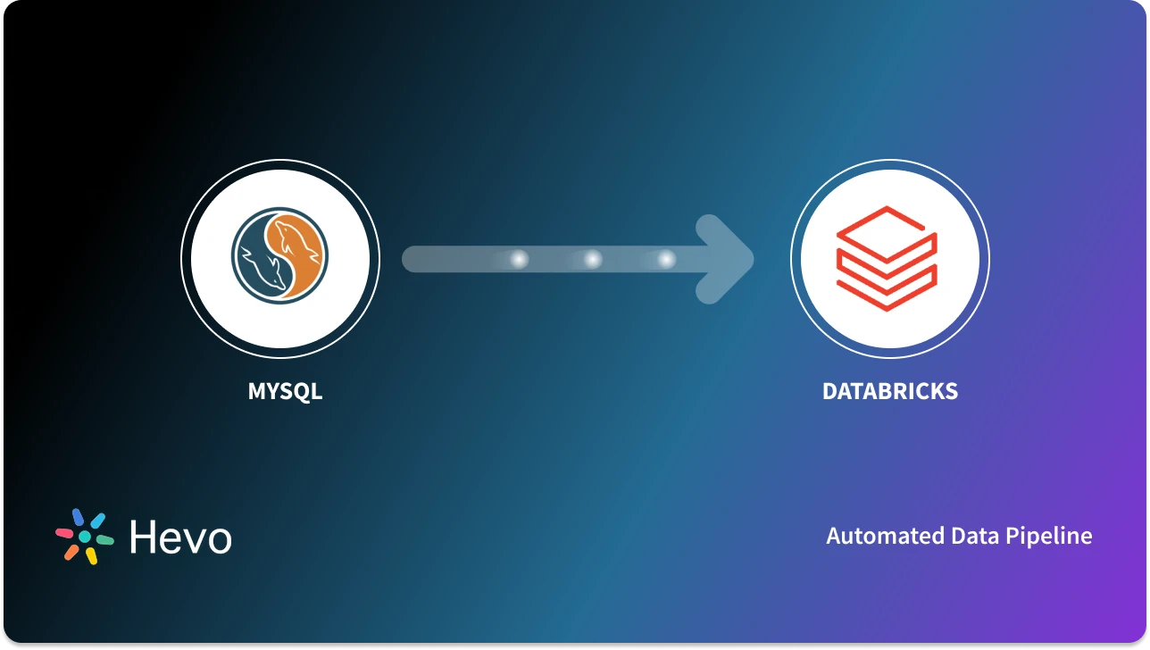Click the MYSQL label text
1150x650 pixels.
[285, 391]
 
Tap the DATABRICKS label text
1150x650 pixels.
[889, 391]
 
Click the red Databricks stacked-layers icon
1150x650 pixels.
[886, 259]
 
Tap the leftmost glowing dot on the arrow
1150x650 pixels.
[519, 259]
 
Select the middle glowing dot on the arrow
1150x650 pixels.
[592, 259]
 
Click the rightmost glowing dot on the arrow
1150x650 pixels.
[666, 259]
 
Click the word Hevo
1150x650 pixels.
[180, 537]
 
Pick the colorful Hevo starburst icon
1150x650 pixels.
[85, 537]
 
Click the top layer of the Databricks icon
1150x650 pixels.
[886, 227]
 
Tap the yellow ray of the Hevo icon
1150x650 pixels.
[91, 556]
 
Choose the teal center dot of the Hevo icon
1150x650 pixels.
[85, 537]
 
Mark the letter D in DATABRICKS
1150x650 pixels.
[829, 391]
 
